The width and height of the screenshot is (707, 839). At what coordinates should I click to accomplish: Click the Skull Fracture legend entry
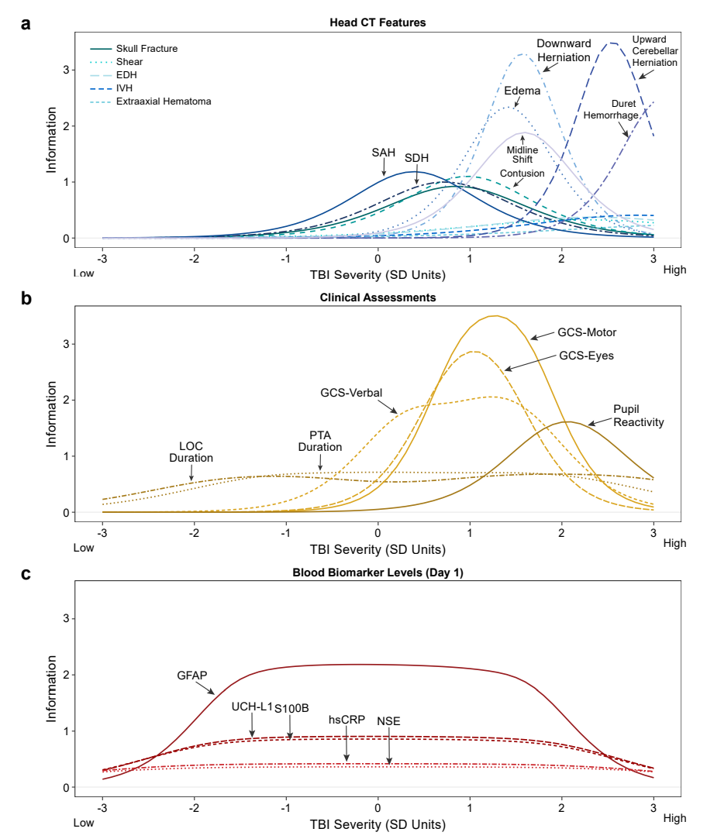tap(147, 49)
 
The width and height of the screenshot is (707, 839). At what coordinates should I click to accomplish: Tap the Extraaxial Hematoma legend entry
tap(163, 101)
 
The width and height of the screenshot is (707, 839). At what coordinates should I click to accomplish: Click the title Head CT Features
tap(378, 22)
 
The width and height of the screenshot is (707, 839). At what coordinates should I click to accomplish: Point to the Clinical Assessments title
tap(378, 297)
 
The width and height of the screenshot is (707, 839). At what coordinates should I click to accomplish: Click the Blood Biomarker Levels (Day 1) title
tap(378, 573)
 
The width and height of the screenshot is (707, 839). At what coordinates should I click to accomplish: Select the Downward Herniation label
tap(564, 50)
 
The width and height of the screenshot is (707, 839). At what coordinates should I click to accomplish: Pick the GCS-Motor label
tap(588, 333)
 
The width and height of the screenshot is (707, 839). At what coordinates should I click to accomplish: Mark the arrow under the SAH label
tap(385, 166)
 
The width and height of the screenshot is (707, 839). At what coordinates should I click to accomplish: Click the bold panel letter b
tap(26, 298)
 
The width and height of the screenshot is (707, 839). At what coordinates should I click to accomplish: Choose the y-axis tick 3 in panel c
tap(67, 618)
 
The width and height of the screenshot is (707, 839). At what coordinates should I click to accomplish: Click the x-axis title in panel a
tap(378, 274)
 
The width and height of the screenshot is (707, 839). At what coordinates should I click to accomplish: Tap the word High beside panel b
tap(674, 543)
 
